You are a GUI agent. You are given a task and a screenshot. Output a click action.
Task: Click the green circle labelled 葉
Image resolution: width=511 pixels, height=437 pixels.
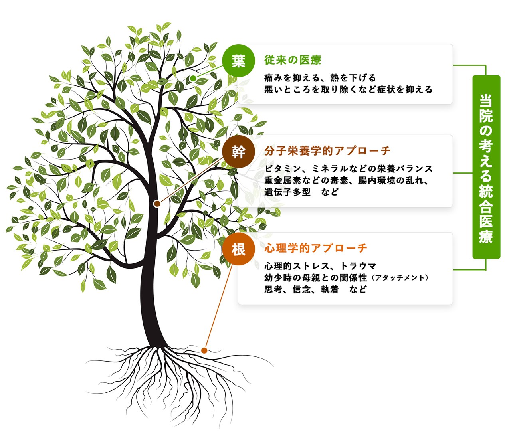click(238, 61)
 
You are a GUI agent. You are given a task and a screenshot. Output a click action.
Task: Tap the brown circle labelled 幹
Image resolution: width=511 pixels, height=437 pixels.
click(238, 152)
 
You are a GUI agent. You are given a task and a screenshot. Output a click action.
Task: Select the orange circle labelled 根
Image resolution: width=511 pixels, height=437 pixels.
click(238, 249)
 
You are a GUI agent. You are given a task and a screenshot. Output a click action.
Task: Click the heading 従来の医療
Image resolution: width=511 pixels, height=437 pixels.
click(293, 60)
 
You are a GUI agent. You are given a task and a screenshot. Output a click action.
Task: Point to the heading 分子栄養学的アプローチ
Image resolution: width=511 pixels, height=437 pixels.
click(327, 151)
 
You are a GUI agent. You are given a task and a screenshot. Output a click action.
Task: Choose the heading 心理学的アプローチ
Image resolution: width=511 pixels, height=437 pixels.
click(315, 248)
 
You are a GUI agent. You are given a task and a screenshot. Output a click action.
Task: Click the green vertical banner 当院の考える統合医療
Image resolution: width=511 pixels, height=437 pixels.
click(486, 167)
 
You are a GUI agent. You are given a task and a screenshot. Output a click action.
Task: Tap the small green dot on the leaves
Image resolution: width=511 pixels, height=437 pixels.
click(193, 78)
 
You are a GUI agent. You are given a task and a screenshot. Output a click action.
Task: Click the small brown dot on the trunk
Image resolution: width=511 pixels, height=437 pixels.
click(157, 204)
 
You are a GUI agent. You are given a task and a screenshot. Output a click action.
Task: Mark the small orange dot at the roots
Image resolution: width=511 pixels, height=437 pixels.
click(204, 350)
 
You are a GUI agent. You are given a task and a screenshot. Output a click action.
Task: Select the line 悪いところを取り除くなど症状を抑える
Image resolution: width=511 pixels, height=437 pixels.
click(348, 90)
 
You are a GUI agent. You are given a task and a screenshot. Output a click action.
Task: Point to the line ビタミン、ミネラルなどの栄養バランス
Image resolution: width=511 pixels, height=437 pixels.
click(349, 168)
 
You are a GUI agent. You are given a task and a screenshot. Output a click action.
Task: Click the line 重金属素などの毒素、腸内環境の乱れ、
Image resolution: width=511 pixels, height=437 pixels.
click(347, 180)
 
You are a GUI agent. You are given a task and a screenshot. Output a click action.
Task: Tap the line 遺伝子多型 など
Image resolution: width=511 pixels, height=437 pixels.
click(301, 192)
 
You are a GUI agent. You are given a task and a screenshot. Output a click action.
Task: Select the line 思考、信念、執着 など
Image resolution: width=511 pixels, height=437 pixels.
click(315, 289)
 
